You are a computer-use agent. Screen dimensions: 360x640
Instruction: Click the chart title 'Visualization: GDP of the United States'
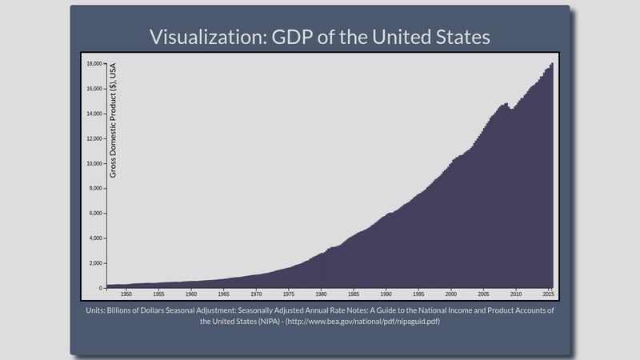click(x=320, y=37)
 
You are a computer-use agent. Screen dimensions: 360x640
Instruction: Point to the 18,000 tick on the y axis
click(x=94, y=63)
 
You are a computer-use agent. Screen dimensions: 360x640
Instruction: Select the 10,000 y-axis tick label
click(x=94, y=163)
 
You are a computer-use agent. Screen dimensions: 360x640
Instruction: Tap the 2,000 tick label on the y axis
click(x=96, y=263)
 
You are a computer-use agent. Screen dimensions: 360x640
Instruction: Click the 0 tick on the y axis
click(x=100, y=288)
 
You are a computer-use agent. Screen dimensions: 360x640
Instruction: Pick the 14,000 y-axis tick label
click(x=94, y=114)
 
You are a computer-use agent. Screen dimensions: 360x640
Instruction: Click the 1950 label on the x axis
click(x=126, y=294)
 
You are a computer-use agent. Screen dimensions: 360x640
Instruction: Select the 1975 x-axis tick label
click(x=288, y=294)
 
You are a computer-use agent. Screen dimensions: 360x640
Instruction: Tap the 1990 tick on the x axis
click(x=386, y=294)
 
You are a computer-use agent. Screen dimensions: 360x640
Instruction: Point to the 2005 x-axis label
click(x=483, y=294)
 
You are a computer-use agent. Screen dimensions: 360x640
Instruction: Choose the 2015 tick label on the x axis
click(x=548, y=294)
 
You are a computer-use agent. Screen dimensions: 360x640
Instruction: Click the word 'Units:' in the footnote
click(x=98, y=310)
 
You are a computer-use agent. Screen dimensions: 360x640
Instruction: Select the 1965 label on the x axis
click(x=223, y=294)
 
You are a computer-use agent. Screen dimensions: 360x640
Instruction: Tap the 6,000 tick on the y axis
click(x=96, y=214)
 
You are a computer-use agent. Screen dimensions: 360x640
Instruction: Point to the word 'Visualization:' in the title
click(x=202, y=37)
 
